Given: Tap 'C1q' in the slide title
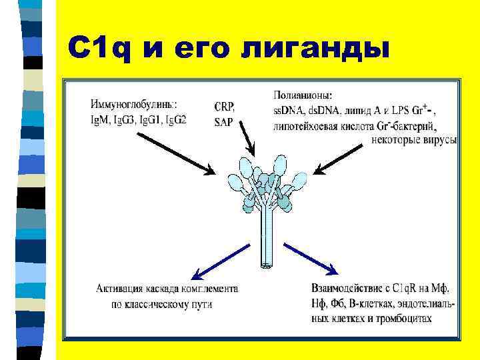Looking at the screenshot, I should tap(99, 47).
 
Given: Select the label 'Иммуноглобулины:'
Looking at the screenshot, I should tap(134, 104).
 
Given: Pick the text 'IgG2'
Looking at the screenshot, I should tap(176, 119).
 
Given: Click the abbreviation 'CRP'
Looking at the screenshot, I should tap(224, 107).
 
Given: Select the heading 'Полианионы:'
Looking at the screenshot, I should tap(304, 95).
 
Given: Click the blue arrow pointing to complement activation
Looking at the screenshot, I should tap(221, 259).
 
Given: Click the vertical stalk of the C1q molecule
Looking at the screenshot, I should tap(265, 233).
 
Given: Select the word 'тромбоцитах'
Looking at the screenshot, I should tap(403, 319).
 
